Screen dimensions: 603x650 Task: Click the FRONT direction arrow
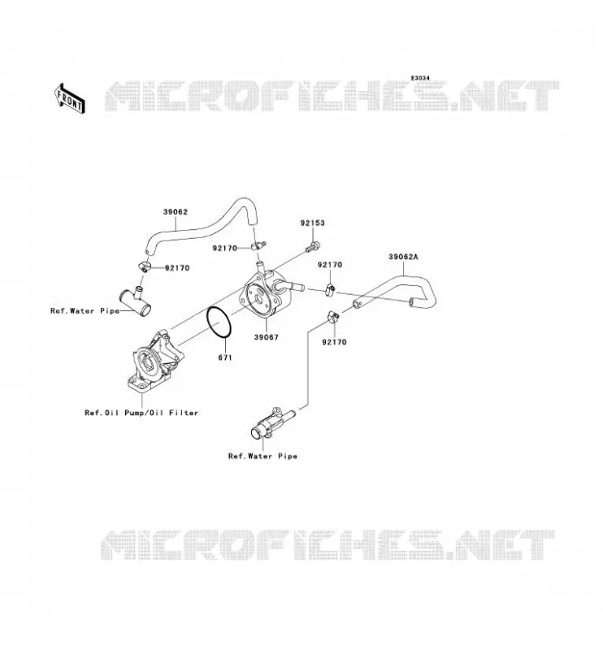pyautogui.click(x=70, y=98)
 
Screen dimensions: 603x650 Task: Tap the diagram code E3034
pyautogui.click(x=420, y=78)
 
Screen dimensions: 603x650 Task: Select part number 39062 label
pyautogui.click(x=175, y=212)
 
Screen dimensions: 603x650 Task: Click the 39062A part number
pyautogui.click(x=403, y=257)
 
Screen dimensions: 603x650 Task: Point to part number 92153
pyautogui.click(x=312, y=223)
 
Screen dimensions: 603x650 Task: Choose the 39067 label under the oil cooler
pyautogui.click(x=267, y=337)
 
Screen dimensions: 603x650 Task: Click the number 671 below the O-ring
pyautogui.click(x=225, y=357)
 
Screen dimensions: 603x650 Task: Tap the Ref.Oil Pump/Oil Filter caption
pyautogui.click(x=141, y=413)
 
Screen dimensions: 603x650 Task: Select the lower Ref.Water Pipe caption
pyautogui.click(x=262, y=456)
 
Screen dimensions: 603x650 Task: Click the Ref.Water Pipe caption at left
pyautogui.click(x=85, y=310)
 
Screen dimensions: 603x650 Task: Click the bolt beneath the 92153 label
pyautogui.click(x=314, y=247)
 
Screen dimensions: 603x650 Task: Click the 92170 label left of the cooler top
pyautogui.click(x=225, y=249)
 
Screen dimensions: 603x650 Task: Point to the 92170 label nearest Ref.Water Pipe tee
pyautogui.click(x=177, y=268)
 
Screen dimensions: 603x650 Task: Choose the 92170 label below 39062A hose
pyautogui.click(x=334, y=342)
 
